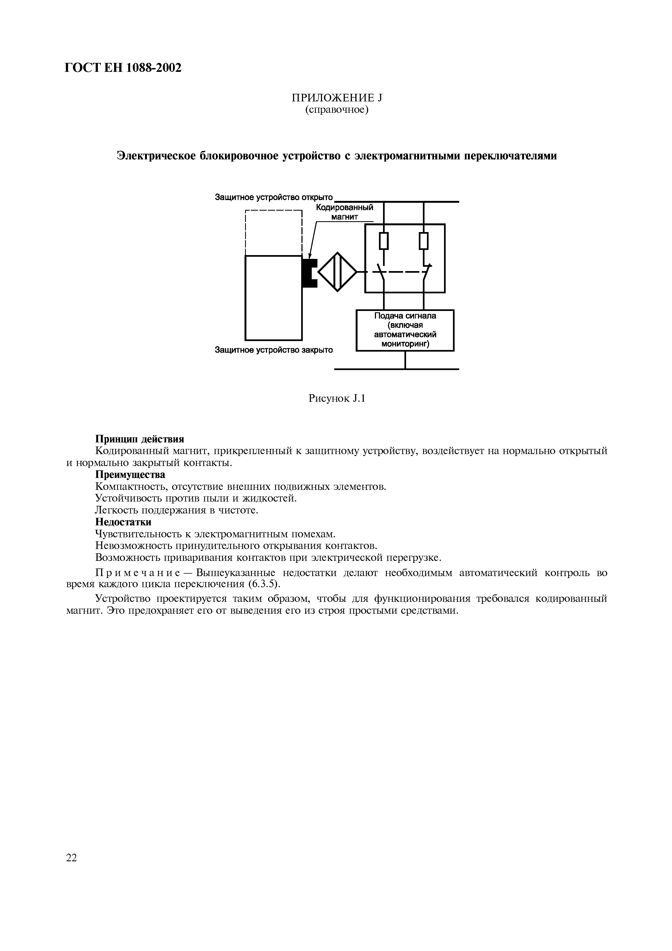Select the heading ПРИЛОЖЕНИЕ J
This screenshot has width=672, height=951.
click(x=336, y=98)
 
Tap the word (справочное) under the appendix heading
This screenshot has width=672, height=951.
click(x=336, y=110)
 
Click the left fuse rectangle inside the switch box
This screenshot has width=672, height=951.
click(x=384, y=241)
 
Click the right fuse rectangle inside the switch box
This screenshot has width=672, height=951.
click(x=423, y=241)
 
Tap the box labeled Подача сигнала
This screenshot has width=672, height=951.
click(x=405, y=330)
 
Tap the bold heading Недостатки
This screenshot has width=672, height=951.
click(x=123, y=522)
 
